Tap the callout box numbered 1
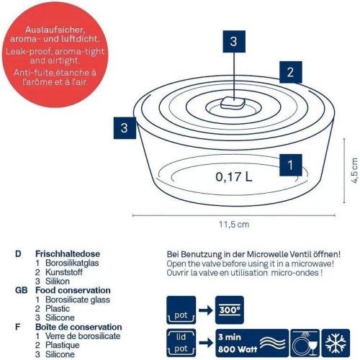tap(289, 165)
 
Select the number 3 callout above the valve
tap(233, 42)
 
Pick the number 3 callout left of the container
tap(125, 129)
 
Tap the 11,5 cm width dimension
tap(234, 225)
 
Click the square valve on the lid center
tap(233, 102)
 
